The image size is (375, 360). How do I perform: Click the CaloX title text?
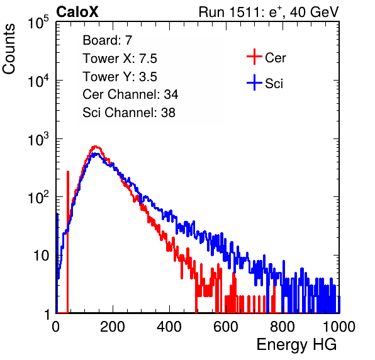pyautogui.click(x=77, y=11)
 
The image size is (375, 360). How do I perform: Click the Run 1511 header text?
pyautogui.click(x=269, y=12)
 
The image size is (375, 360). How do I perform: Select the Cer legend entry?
pyautogui.click(x=266, y=57)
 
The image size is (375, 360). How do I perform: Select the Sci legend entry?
pyautogui.click(x=265, y=83)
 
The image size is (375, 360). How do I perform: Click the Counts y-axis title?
pyautogui.click(x=9, y=49)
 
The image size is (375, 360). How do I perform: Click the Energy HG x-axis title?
pyautogui.click(x=296, y=344)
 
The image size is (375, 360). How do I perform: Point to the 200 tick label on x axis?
pyautogui.click(x=113, y=326)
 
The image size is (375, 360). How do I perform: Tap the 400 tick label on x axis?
pyautogui.click(x=169, y=326)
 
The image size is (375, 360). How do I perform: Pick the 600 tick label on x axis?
pyautogui.click(x=226, y=326)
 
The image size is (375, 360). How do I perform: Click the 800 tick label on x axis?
pyautogui.click(x=283, y=326)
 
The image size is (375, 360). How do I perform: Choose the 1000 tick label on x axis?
pyautogui.click(x=339, y=326)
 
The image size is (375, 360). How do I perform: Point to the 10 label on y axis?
pyautogui.click(x=41, y=256)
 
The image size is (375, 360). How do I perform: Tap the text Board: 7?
pyautogui.click(x=108, y=40)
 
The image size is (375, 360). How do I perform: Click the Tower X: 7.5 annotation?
pyautogui.click(x=120, y=58)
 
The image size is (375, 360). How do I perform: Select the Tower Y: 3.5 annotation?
pyautogui.click(x=120, y=76)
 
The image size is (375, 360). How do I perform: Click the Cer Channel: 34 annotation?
pyautogui.click(x=130, y=94)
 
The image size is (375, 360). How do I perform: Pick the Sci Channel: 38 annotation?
pyautogui.click(x=129, y=113)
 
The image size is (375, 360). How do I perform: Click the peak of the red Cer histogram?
pyautogui.click(x=96, y=147)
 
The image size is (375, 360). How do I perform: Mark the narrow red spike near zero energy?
pyautogui.click(x=68, y=242)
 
